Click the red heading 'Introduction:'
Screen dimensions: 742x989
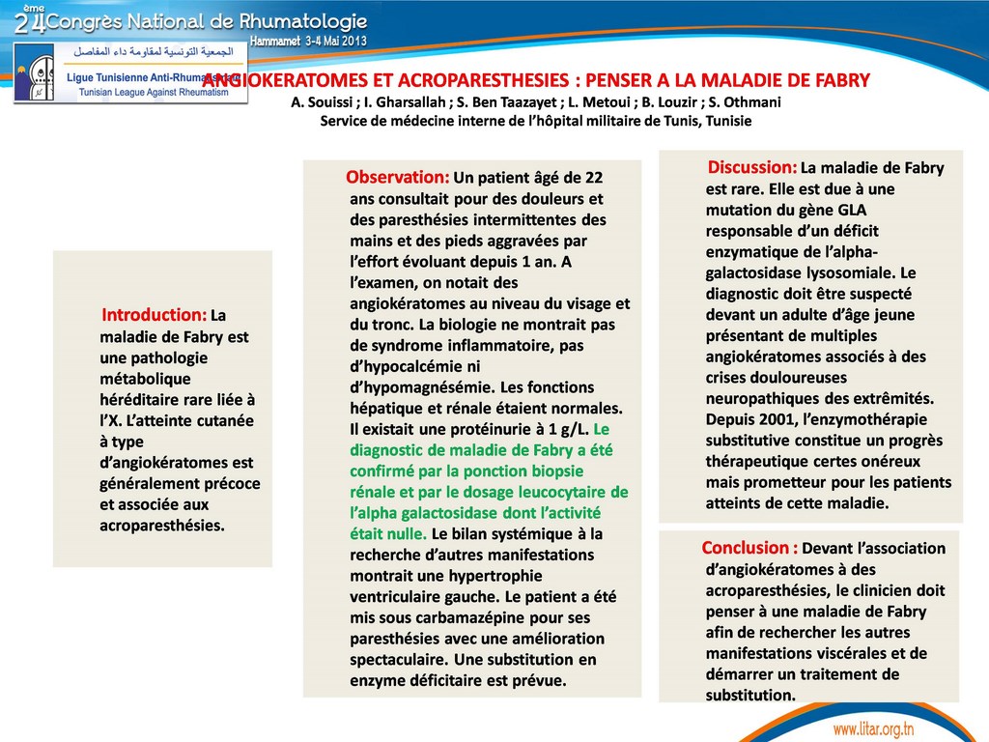155,315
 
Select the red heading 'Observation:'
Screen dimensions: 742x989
398,178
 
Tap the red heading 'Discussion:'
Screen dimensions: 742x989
752,167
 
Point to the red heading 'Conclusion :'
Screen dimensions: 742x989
749,548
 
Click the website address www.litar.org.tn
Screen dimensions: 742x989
873,728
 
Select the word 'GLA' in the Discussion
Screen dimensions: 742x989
853,210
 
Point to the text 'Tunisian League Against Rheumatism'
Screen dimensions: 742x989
153,91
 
